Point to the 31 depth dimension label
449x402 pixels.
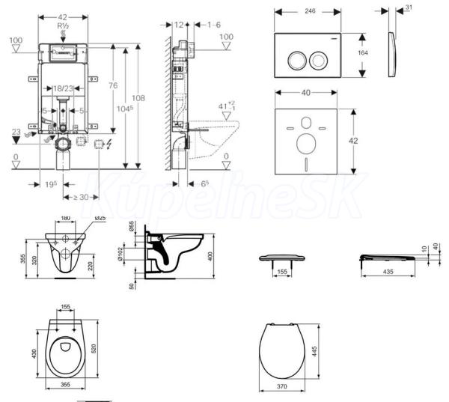pyautogui.click(x=408, y=8)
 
